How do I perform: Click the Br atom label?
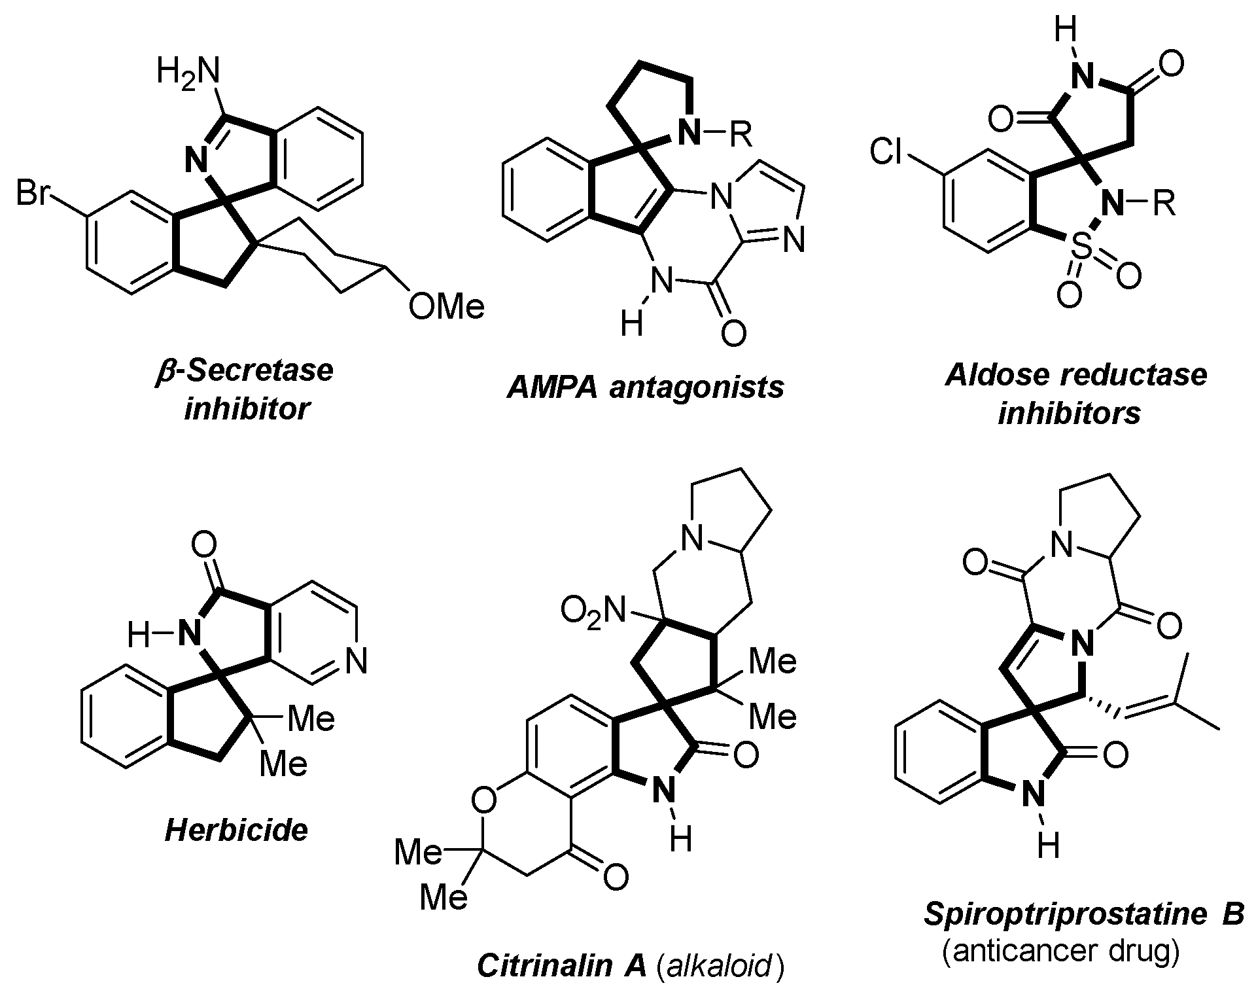[33, 195]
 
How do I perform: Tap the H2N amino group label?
[188, 71]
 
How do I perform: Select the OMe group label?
[446, 307]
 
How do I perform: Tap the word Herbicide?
[236, 830]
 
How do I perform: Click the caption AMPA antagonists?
[645, 387]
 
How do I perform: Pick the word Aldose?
[994, 375]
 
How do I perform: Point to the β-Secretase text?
[245, 370]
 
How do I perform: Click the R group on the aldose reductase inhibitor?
[1162, 204]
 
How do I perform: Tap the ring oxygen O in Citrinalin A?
[484, 800]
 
